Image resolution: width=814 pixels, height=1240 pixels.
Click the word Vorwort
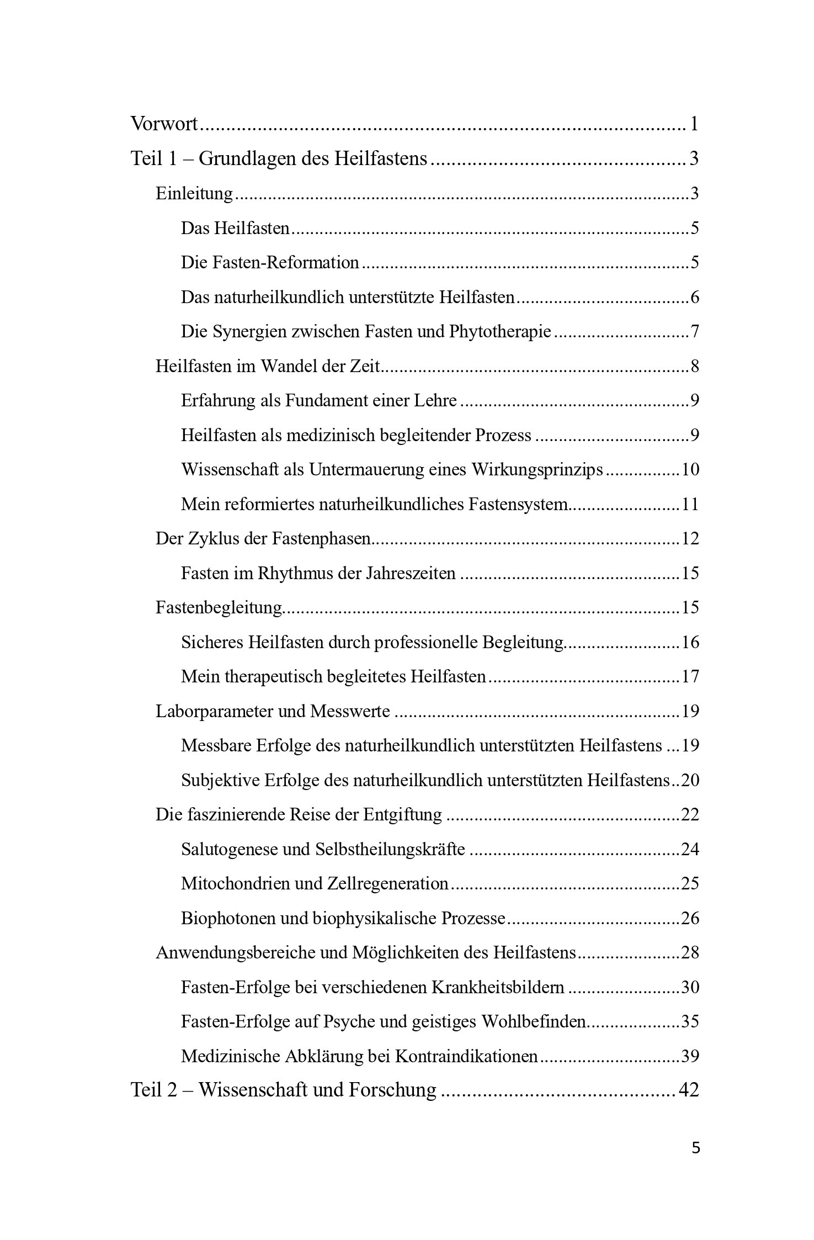click(x=164, y=124)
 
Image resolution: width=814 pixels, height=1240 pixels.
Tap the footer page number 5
click(x=695, y=1148)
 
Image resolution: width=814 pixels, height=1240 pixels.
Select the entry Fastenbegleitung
click(x=219, y=607)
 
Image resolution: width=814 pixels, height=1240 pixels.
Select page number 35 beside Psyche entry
click(x=690, y=1021)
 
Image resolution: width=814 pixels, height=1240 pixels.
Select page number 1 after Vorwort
click(x=694, y=124)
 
